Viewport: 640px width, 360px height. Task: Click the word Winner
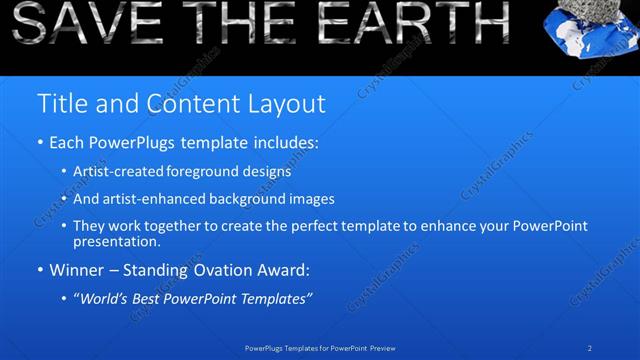[x=80, y=270]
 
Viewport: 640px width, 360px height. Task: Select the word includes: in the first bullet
[x=283, y=143]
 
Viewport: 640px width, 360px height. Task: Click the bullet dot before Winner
[x=40, y=270]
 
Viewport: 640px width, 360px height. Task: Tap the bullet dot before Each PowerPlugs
[x=40, y=143]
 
